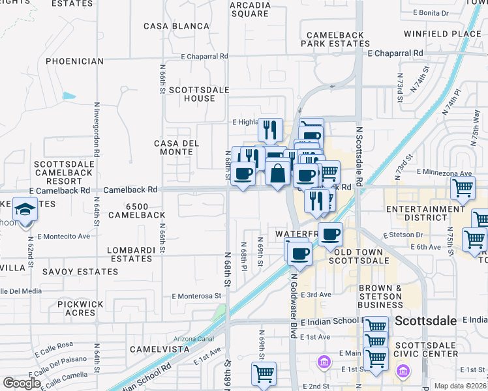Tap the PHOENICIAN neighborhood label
[74, 61]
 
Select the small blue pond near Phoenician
[69, 96]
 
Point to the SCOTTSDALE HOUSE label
[191, 94]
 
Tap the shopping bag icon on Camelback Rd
[277, 174]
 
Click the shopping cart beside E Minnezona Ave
[463, 188]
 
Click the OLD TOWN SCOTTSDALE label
[361, 256]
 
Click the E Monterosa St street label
[196, 296]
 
